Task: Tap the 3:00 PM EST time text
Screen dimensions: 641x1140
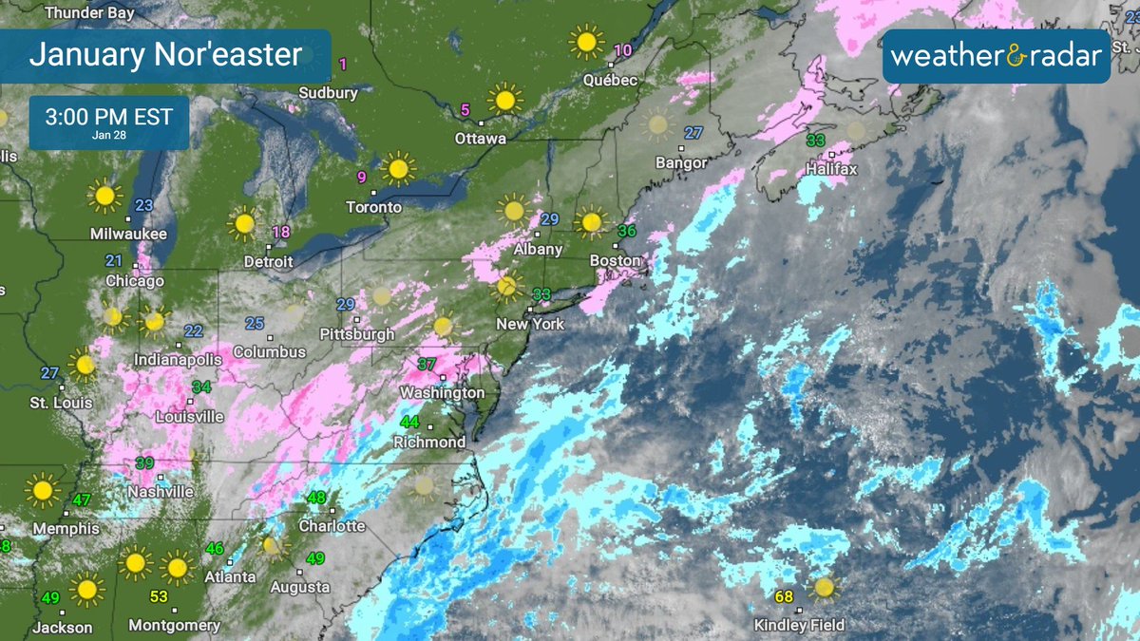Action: pos(109,118)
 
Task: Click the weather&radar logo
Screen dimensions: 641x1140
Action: pos(997,56)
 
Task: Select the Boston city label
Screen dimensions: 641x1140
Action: pos(616,260)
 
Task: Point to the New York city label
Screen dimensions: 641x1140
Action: pos(530,324)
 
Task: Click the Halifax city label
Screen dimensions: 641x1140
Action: pos(831,169)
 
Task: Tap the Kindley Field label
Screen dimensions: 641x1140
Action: pos(799,625)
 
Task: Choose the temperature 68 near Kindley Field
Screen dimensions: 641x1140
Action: pos(784,597)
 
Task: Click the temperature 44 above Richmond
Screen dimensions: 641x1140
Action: pos(409,422)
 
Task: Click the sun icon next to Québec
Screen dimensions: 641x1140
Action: pos(586,42)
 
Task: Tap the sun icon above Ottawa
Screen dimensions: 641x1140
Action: pos(504,98)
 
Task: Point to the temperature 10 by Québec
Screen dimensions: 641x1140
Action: pos(623,50)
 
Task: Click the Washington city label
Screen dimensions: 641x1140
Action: pos(442,392)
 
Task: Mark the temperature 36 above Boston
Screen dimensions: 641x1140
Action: pos(627,231)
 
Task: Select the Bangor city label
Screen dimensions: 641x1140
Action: pos(681,163)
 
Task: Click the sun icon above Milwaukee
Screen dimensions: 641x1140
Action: pos(104,197)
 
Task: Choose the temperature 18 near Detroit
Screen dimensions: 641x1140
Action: pos(281,233)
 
